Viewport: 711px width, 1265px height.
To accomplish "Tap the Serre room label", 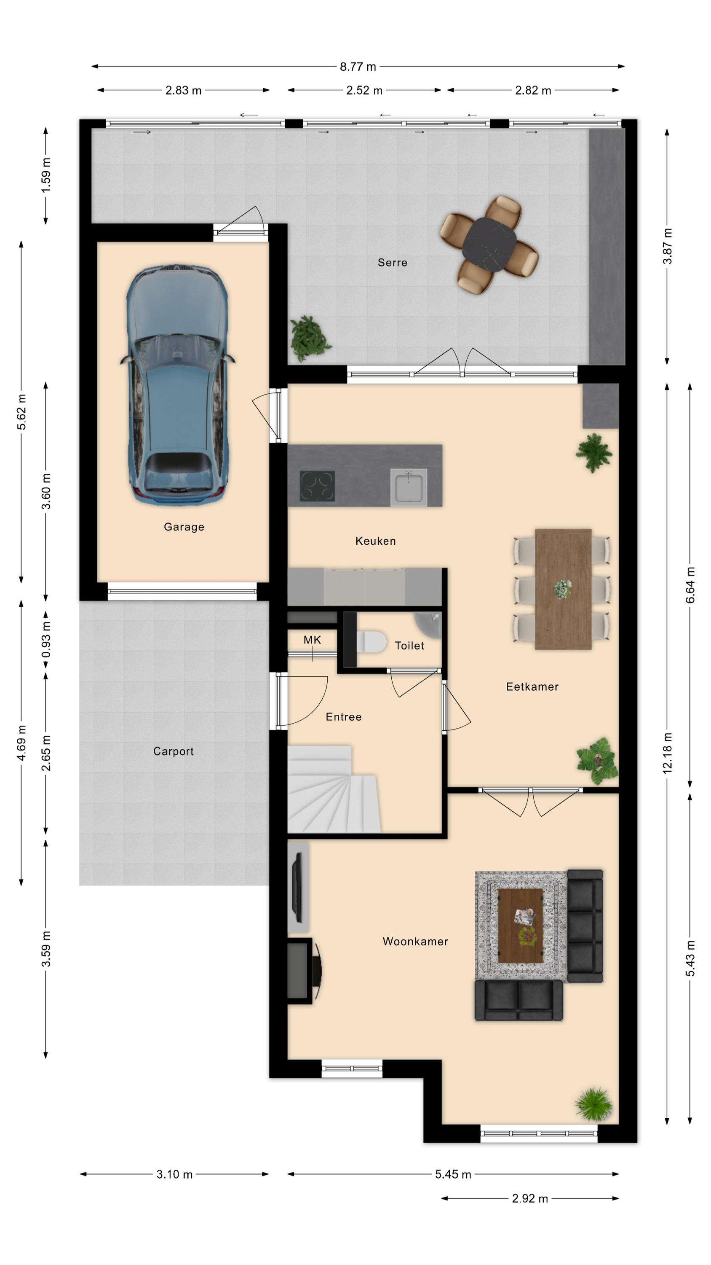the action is click(x=392, y=263).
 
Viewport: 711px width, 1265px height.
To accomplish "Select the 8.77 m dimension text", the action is click(x=358, y=67).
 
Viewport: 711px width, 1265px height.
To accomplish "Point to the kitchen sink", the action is click(x=408, y=487).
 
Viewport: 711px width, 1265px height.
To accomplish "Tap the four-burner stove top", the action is click(x=318, y=486).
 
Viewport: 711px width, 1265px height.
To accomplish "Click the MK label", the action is click(x=312, y=640).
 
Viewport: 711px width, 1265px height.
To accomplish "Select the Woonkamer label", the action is click(x=415, y=942).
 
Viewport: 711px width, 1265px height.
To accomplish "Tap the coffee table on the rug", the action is click(x=520, y=925).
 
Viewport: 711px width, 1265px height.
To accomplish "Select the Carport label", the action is click(x=173, y=751).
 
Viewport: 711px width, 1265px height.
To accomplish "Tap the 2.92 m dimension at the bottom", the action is click(x=530, y=1199).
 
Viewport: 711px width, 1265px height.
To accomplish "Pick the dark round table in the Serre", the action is click(x=489, y=244).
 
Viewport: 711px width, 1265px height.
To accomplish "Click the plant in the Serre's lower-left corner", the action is click(x=310, y=338).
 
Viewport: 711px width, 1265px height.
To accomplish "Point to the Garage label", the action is click(x=184, y=527).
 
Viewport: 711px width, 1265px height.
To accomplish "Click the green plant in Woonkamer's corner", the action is click(x=594, y=1104).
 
